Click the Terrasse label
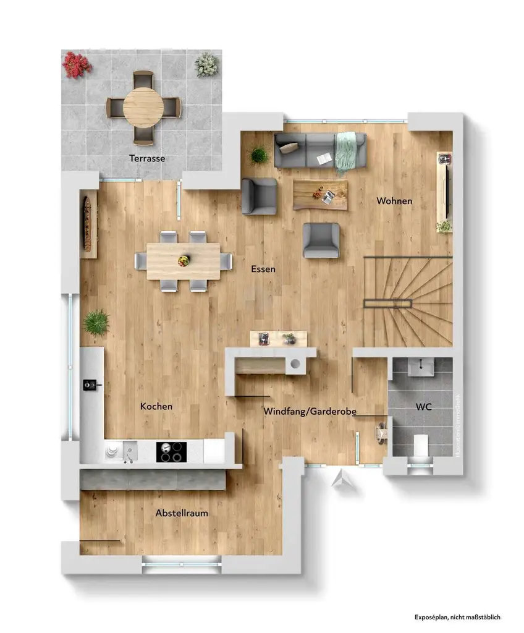tap(147, 158)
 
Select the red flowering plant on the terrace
tap(77, 64)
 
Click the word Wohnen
tap(394, 201)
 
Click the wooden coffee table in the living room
tap(320, 194)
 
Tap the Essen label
tap(263, 269)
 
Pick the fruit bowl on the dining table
tap(184, 260)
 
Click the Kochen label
tap(156, 406)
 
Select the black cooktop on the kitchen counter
tap(171, 452)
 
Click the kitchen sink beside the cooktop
tap(129, 451)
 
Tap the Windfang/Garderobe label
tap(310, 411)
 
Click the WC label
tap(423, 407)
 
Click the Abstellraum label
tap(182, 513)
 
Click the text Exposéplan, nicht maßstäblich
tap(457, 617)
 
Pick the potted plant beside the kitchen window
tap(96, 323)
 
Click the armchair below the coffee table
tap(321, 240)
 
